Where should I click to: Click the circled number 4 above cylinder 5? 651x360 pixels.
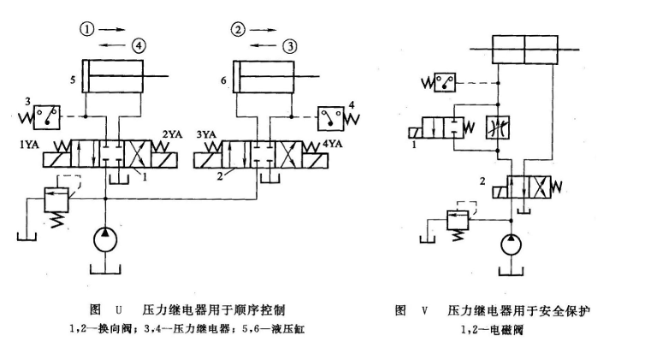click(139, 44)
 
